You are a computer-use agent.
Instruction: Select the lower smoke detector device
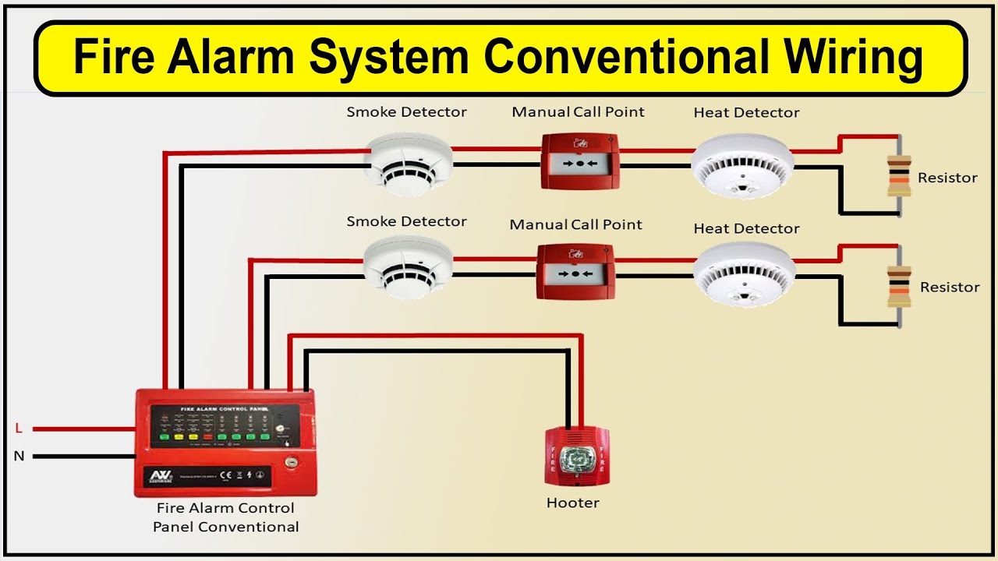click(408, 268)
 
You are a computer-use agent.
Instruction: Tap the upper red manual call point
click(579, 161)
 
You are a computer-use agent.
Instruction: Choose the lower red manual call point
click(575, 271)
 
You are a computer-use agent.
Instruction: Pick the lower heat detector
click(744, 273)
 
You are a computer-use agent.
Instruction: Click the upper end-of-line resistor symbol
click(898, 176)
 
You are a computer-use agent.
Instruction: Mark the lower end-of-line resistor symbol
click(898, 286)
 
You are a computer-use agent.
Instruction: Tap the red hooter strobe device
click(575, 454)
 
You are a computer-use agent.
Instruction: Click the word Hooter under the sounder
click(573, 503)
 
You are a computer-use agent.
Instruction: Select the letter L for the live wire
click(19, 428)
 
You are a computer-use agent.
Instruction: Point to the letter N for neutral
click(19, 456)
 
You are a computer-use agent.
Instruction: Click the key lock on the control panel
click(290, 462)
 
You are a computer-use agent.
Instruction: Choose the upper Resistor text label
click(947, 178)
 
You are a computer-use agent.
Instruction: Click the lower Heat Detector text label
click(746, 228)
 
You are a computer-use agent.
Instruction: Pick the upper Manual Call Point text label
click(578, 112)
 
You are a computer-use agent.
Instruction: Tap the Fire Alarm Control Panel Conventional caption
click(225, 517)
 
